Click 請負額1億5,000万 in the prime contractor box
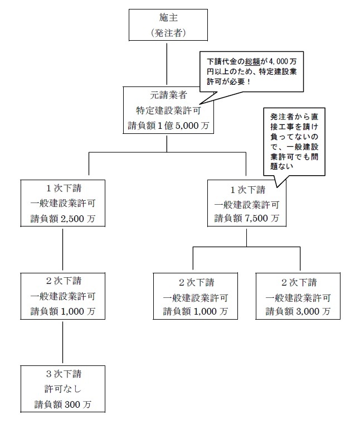click(x=167, y=126)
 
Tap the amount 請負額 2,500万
click(x=62, y=219)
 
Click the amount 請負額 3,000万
click(x=298, y=311)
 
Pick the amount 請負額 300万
click(x=62, y=404)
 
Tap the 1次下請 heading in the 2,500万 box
click(x=62, y=187)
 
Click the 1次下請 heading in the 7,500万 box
click(x=247, y=187)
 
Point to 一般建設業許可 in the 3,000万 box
click(x=298, y=296)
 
